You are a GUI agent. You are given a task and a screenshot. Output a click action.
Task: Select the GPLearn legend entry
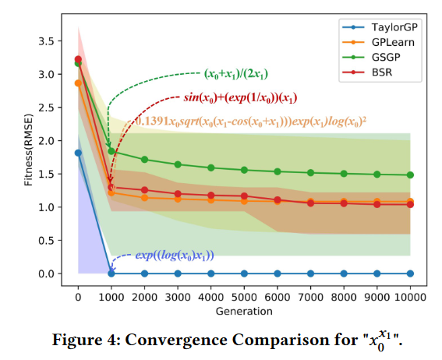tap(370, 43)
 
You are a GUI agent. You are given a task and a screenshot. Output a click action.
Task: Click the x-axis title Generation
tap(244, 311)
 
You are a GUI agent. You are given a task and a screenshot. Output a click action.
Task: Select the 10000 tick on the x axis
tap(410, 297)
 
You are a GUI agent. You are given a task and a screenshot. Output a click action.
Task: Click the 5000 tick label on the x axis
tap(244, 297)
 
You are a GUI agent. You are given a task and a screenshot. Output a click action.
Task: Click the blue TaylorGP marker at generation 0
tap(78, 153)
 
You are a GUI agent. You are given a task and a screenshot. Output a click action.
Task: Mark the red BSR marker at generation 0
tap(78, 59)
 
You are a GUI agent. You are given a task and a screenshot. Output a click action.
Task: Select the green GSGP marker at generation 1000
tap(111, 151)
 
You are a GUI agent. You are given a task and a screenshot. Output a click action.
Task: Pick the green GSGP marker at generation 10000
tap(410, 175)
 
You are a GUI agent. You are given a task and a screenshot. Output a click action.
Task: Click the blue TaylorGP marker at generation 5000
tap(244, 274)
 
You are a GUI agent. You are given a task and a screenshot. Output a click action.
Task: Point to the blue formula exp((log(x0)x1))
tap(175, 255)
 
